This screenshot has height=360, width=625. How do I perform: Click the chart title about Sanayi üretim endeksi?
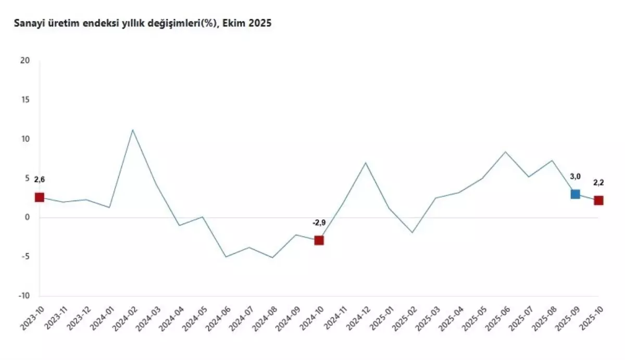pyautogui.click(x=143, y=23)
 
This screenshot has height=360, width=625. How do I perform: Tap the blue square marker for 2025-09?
pyautogui.click(x=575, y=194)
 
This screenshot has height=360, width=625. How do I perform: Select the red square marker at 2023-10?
pyautogui.click(x=39, y=197)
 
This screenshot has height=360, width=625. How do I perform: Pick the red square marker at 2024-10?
pyautogui.click(x=319, y=240)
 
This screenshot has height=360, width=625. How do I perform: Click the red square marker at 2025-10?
pyautogui.click(x=598, y=200)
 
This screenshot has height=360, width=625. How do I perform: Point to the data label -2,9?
pyautogui.click(x=319, y=223)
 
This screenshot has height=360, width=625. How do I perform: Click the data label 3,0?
pyautogui.click(x=576, y=177)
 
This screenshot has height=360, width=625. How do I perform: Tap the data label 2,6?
pyautogui.click(x=40, y=180)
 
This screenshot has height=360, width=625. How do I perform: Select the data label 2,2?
pyautogui.click(x=598, y=183)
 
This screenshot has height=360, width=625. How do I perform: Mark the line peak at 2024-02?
pyautogui.click(x=132, y=130)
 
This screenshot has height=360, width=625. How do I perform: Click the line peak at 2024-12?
pyautogui.click(x=366, y=163)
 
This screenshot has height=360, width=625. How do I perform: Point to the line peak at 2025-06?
pyautogui.click(x=505, y=152)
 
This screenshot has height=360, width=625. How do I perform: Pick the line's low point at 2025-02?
pyautogui.click(x=412, y=232)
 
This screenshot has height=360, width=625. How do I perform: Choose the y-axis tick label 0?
pyautogui.click(x=28, y=217)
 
